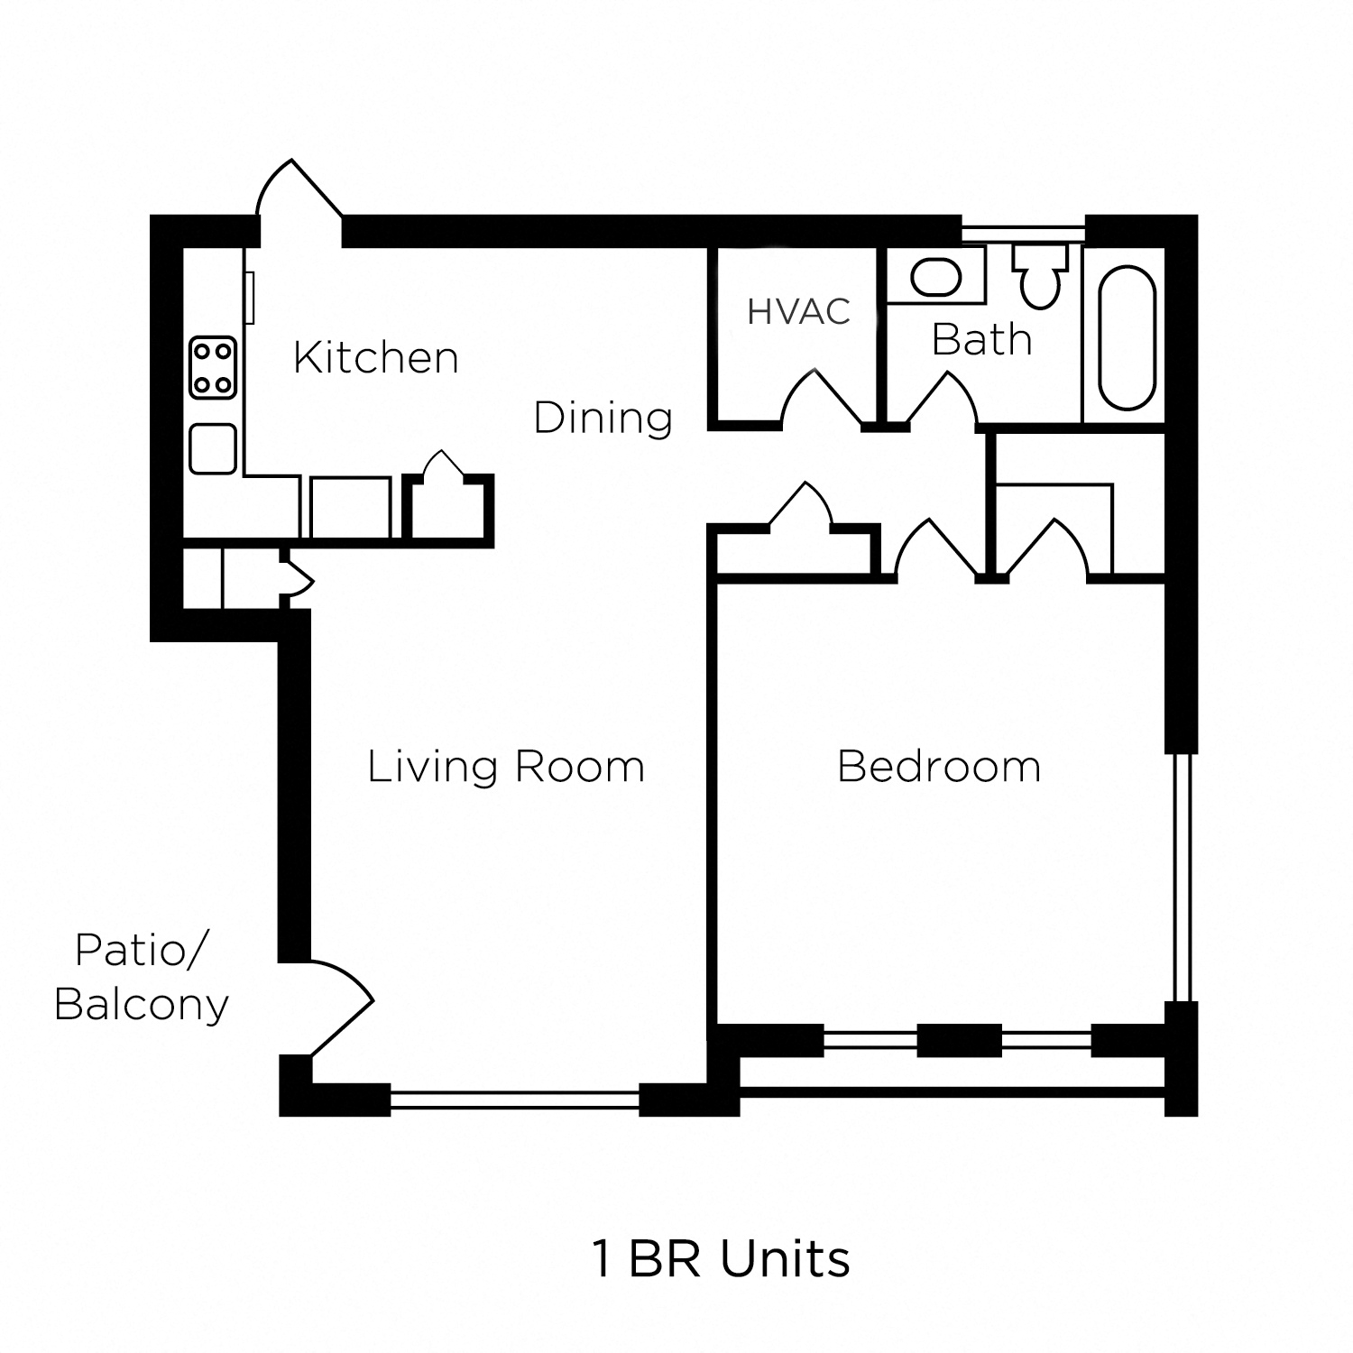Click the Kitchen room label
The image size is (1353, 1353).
(376, 358)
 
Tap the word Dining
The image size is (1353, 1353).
(603, 418)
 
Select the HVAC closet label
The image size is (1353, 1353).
(798, 311)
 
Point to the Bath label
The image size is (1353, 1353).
(981, 340)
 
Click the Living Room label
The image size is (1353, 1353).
(506, 767)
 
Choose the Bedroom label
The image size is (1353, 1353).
(939, 767)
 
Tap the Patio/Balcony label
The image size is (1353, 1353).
(142, 977)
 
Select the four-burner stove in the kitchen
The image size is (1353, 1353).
(213, 368)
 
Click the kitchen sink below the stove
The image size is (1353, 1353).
(213, 448)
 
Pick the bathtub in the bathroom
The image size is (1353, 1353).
(1127, 338)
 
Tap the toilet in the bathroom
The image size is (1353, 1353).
(1040, 275)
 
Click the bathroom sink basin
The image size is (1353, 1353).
(935, 278)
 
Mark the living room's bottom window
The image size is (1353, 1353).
(514, 1099)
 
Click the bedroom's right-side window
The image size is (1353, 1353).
(1182, 877)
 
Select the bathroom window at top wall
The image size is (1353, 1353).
(1022, 233)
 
